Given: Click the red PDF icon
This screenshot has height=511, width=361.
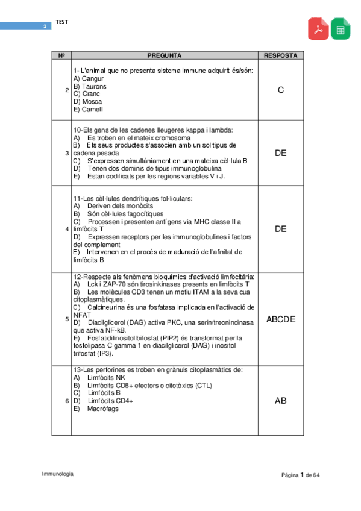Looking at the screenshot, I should point(319,29).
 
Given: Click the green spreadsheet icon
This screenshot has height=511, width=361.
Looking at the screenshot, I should point(340,29).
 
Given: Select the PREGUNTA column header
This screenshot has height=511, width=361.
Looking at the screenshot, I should point(164,55).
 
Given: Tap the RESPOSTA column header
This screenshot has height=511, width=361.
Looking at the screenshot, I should point(280,55).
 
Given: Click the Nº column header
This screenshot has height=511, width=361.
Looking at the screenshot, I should point(61,55).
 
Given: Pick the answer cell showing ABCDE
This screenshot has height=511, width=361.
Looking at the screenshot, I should point(280,319).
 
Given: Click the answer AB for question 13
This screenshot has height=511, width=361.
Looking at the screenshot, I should point(280,400).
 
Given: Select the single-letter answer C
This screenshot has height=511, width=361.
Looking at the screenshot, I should point(280,90).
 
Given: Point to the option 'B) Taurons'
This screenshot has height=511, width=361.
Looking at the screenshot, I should point(90,86).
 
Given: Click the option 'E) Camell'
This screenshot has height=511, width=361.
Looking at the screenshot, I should point(88,110).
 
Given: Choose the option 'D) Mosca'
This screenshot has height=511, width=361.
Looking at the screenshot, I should point(87,102).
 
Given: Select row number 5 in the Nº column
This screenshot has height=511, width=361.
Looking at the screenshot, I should point(66,319).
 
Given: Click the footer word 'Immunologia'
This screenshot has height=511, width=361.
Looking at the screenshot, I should point(58,474).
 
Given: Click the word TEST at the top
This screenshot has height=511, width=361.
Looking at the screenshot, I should point(62,22).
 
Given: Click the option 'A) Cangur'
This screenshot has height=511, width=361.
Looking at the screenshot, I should point(89,78).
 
